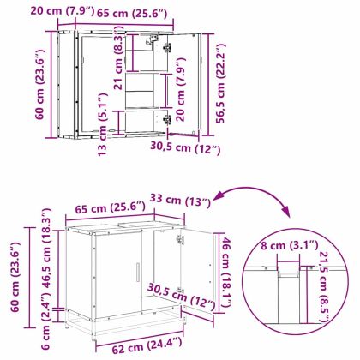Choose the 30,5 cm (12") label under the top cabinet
click(185, 147)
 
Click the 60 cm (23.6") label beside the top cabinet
click(39, 85)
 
